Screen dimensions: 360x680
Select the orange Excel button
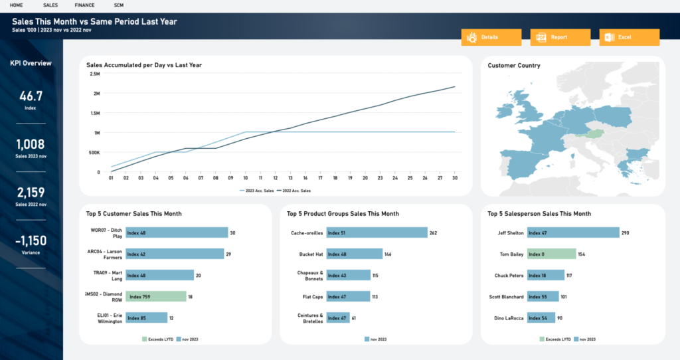click(x=629, y=37)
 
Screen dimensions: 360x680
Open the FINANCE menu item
click(x=84, y=5)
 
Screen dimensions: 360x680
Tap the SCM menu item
click(x=119, y=5)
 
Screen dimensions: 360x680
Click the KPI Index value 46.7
click(x=31, y=96)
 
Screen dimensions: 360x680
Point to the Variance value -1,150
click(x=31, y=240)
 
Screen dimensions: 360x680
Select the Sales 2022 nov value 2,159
click(x=31, y=193)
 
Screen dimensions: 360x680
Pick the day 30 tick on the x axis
click(x=454, y=178)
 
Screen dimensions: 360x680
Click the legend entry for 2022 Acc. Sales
click(x=296, y=191)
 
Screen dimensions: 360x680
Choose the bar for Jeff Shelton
click(x=572, y=233)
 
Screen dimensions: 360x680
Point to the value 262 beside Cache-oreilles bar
click(x=433, y=233)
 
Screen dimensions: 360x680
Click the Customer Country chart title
click(x=513, y=66)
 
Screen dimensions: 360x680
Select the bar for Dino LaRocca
click(x=541, y=318)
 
